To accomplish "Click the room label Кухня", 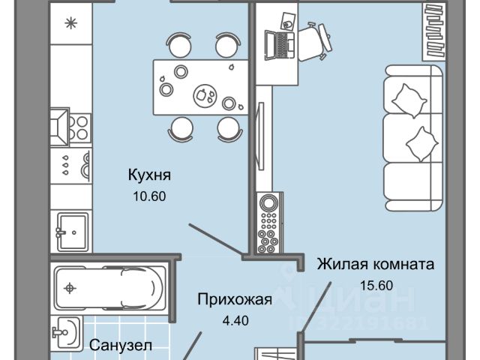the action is tap(149, 175).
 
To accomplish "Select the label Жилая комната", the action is tap(376, 265).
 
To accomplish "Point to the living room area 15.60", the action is tap(376, 286).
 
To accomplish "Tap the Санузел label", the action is tap(121, 346).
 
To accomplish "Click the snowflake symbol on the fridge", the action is tap(73, 22).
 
